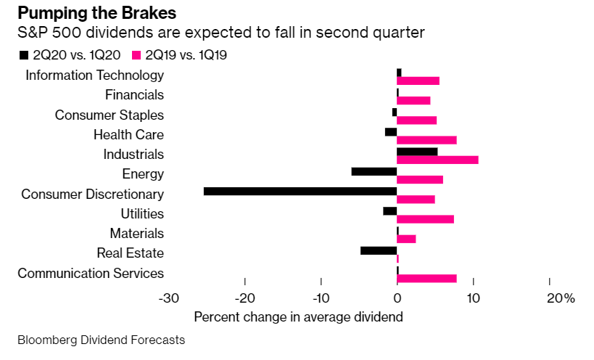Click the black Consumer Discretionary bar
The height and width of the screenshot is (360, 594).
click(x=300, y=192)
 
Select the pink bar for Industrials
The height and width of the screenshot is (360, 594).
click(x=437, y=160)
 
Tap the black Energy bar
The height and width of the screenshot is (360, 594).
click(x=374, y=171)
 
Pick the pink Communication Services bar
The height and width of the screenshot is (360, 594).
click(x=426, y=278)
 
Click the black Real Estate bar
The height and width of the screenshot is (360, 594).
click(x=379, y=250)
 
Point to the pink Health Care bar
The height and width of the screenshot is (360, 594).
click(x=426, y=140)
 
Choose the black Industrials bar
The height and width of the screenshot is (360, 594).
click(x=417, y=152)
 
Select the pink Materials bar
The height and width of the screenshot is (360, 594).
click(x=406, y=239)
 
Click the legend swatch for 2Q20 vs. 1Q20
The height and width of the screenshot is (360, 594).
click(x=24, y=54)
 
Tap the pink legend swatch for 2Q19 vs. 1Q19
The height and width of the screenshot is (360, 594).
click(x=136, y=54)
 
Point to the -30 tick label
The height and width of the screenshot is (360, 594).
click(x=169, y=298)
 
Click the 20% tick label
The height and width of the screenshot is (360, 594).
click(x=560, y=298)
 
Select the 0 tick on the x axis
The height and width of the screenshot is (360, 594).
click(x=397, y=298)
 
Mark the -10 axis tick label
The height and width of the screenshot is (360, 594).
click(x=321, y=298)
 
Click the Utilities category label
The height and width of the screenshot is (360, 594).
click(x=142, y=213)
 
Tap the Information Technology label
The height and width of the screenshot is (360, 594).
click(x=94, y=75)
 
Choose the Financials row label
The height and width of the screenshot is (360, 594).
click(x=134, y=94)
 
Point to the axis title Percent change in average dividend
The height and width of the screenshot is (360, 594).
click(x=298, y=317)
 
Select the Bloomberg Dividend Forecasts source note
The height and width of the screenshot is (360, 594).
click(x=101, y=340)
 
